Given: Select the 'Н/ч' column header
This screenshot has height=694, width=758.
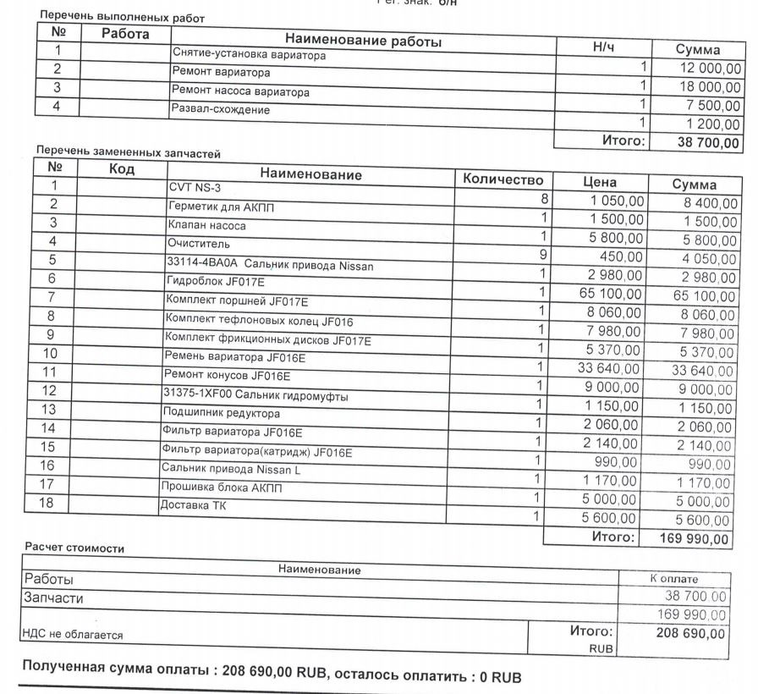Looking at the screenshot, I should click(x=604, y=48).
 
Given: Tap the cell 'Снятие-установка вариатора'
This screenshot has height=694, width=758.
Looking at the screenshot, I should click(x=249, y=54).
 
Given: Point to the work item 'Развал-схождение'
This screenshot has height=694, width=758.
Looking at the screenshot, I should click(x=221, y=110).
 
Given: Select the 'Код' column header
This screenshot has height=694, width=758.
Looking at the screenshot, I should click(x=123, y=168).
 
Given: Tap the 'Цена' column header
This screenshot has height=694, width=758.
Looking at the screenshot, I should click(x=600, y=182).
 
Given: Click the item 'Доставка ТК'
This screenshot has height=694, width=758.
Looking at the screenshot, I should click(x=192, y=506).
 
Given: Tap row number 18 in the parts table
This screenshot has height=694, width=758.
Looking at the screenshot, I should click(x=47, y=503).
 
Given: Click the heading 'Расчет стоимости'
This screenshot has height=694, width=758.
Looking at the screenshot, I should click(x=74, y=548).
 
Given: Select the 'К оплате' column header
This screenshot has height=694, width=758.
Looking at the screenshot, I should click(x=673, y=579).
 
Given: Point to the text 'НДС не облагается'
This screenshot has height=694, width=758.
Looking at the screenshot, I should click(x=73, y=634).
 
